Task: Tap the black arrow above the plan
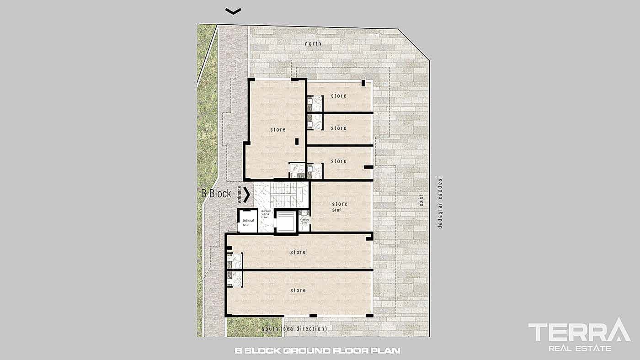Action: click(x=234, y=11)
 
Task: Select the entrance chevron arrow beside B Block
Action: click(x=247, y=195)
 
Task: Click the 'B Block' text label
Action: click(x=216, y=194)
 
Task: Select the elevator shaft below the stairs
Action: click(x=286, y=222)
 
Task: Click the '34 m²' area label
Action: click(x=340, y=211)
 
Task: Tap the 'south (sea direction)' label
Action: click(x=294, y=328)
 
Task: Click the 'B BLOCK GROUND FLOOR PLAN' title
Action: click(x=318, y=351)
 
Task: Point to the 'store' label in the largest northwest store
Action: click(x=277, y=130)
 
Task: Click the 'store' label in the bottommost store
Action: click(x=298, y=291)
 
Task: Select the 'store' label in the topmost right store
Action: click(x=339, y=96)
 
